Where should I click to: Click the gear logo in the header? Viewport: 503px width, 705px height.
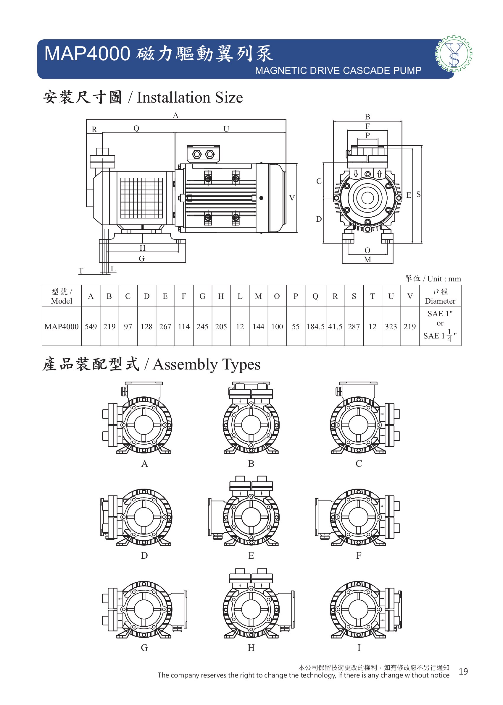(x=454, y=54)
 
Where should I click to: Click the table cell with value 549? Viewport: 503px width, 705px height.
(x=91, y=326)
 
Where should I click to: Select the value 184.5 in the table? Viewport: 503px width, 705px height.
(x=315, y=326)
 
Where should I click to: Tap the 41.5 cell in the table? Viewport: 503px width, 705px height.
(x=335, y=326)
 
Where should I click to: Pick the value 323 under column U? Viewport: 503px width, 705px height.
(x=391, y=326)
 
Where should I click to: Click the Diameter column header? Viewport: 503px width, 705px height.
(x=440, y=296)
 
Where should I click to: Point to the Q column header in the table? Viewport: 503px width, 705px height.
(x=315, y=296)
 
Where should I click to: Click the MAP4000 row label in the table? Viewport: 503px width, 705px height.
(x=61, y=326)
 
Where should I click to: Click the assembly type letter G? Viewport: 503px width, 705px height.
(x=144, y=647)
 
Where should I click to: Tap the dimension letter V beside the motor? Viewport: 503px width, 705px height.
(x=292, y=198)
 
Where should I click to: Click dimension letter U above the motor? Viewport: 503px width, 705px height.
(x=226, y=129)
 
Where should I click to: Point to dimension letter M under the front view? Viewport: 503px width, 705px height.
(x=368, y=260)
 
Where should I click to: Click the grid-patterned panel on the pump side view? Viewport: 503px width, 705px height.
(x=141, y=198)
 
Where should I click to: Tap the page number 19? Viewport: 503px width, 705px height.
(x=463, y=672)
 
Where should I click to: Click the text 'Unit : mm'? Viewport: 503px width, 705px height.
(x=444, y=279)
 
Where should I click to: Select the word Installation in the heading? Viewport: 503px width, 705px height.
(x=174, y=98)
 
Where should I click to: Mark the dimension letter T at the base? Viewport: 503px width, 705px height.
(x=81, y=271)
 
